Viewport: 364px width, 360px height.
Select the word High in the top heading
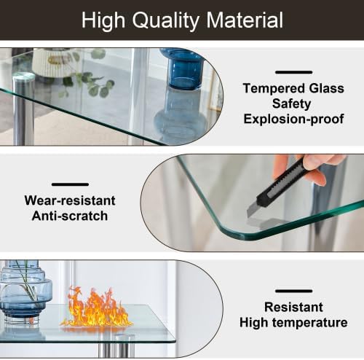[103, 20]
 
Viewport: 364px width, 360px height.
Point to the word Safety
[293, 104]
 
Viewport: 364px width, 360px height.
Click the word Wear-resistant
[70, 200]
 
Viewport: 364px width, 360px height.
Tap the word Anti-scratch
[70, 216]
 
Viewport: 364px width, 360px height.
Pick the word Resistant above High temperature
[294, 308]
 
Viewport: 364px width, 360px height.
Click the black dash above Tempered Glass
[293, 72]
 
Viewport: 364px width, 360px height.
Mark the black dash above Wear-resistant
[70, 184]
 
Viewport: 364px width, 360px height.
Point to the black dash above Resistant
[294, 291]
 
